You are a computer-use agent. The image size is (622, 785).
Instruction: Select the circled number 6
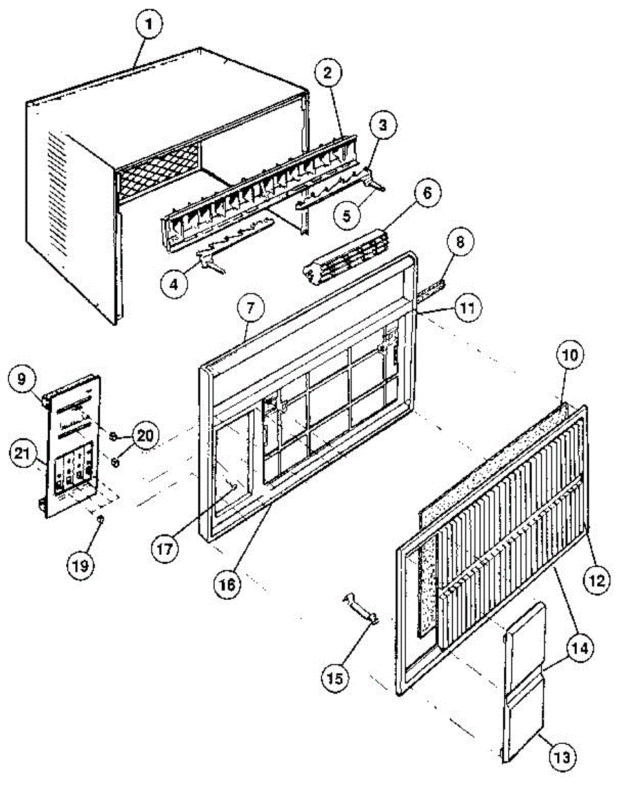tap(427, 194)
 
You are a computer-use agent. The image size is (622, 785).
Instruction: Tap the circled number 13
tap(564, 758)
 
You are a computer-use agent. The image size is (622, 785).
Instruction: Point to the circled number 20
tap(145, 434)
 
